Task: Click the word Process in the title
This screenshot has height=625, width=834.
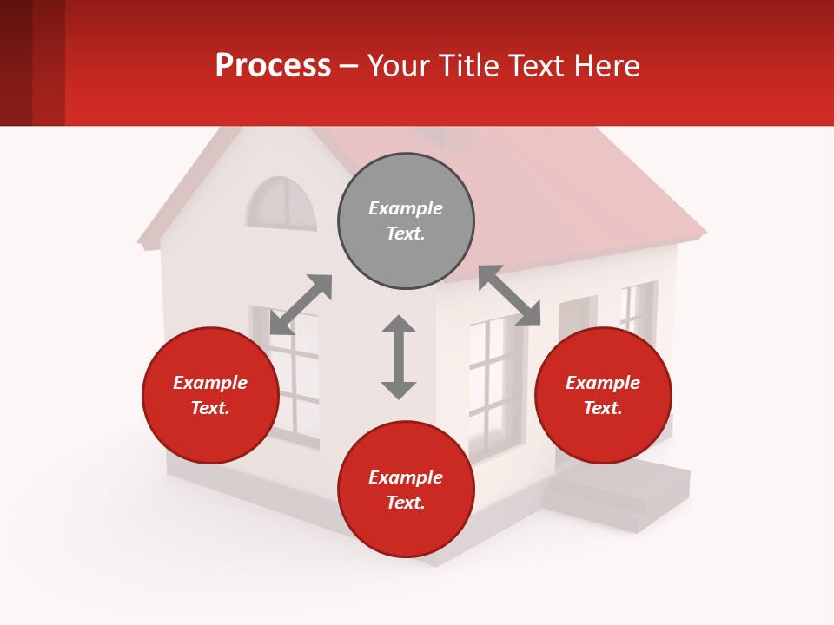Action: pyautogui.click(x=273, y=65)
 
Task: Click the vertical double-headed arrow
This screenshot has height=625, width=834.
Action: pyautogui.click(x=399, y=357)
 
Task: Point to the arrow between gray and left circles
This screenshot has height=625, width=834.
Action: pyautogui.click(x=301, y=305)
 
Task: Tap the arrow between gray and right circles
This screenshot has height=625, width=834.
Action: pyautogui.click(x=509, y=295)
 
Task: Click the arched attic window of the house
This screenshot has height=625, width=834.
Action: pyautogui.click(x=281, y=205)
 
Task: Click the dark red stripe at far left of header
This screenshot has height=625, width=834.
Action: pyautogui.click(x=16, y=62)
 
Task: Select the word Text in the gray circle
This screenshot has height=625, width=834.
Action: pyautogui.click(x=406, y=234)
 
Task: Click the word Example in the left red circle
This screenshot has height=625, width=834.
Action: pyautogui.click(x=210, y=383)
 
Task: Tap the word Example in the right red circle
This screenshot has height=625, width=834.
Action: pyautogui.click(x=603, y=383)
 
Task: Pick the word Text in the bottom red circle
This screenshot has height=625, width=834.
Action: pyautogui.click(x=406, y=503)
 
